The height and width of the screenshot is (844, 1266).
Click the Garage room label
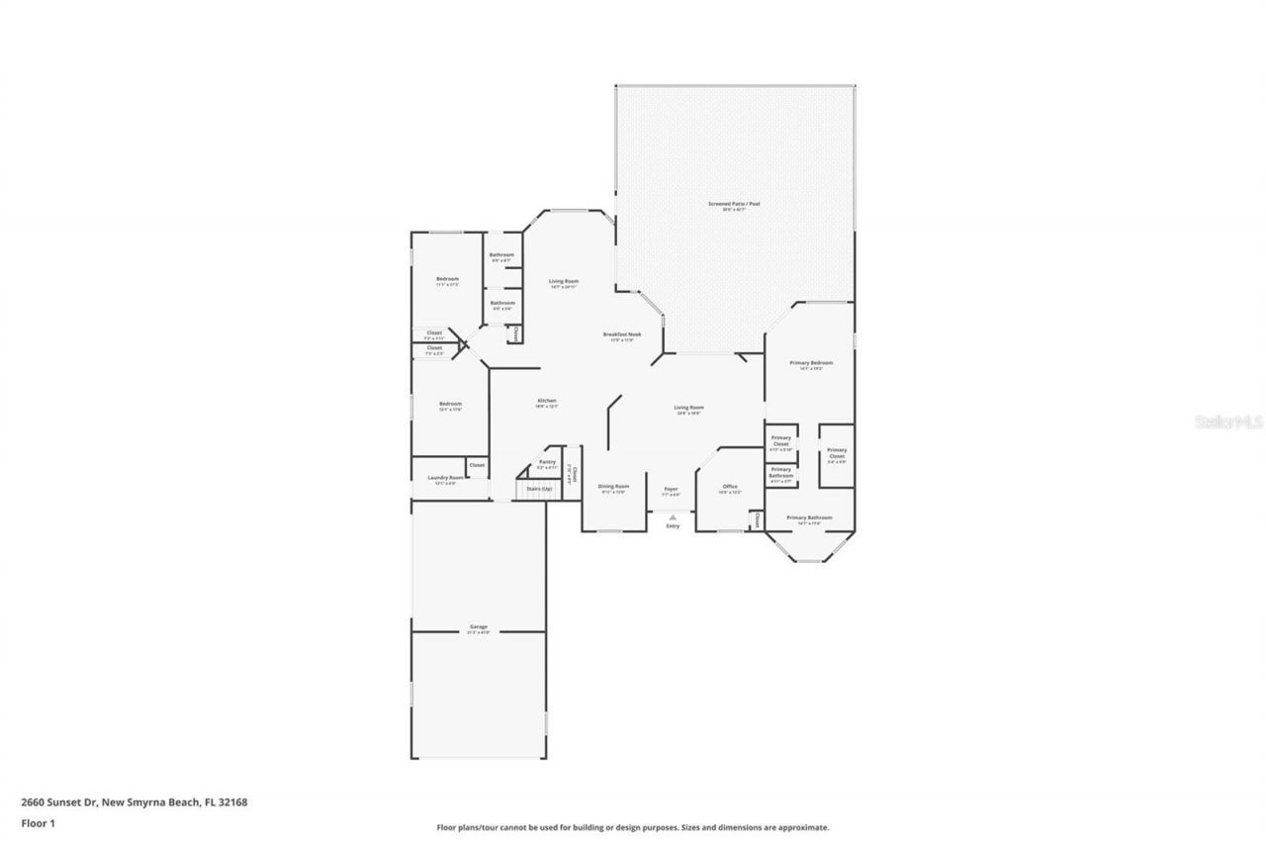click(x=478, y=626)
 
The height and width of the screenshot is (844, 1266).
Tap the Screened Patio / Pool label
click(x=733, y=204)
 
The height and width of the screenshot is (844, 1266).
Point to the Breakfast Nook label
click(x=622, y=334)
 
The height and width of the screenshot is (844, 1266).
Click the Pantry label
click(x=547, y=462)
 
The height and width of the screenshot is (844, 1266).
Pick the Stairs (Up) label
click(x=539, y=489)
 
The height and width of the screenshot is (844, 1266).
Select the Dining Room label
click(x=613, y=486)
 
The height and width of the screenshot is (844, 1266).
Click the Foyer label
click(x=671, y=489)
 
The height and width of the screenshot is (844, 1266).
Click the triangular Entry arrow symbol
click(x=673, y=516)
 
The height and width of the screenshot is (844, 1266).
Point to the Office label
click(x=730, y=486)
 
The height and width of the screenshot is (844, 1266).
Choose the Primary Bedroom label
click(x=810, y=363)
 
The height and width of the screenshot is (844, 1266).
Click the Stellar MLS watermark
click(x=1228, y=422)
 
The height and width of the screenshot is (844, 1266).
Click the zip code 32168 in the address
click(x=233, y=802)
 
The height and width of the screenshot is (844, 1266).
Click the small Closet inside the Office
click(x=757, y=519)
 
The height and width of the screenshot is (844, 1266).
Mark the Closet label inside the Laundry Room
click(x=477, y=465)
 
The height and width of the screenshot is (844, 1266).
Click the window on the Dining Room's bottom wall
click(x=609, y=531)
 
